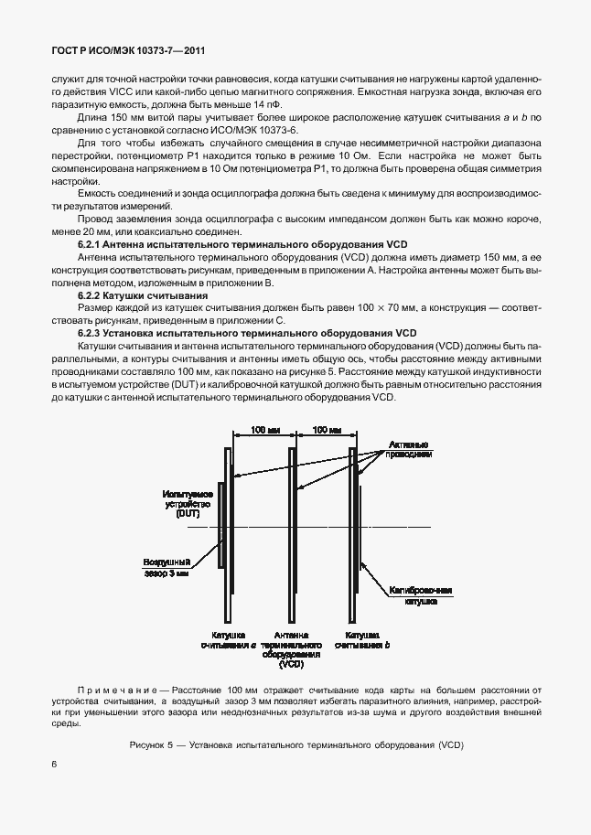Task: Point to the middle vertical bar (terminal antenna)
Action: pos(292,530)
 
